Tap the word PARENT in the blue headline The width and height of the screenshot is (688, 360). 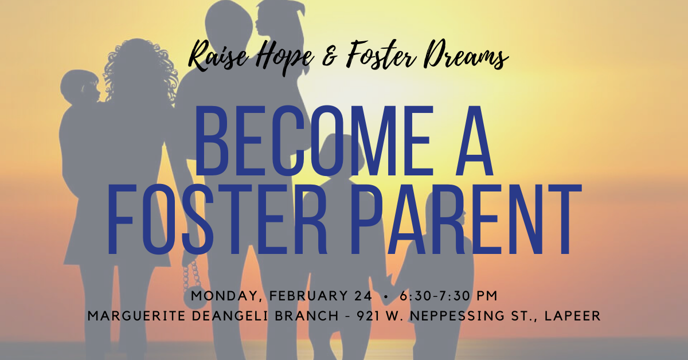(x=466, y=220)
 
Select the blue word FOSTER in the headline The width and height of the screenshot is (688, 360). (x=216, y=220)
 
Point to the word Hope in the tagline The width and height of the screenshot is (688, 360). (x=285, y=58)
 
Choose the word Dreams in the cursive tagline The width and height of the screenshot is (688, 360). (x=464, y=56)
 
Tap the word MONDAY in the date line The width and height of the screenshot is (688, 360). (x=227, y=296)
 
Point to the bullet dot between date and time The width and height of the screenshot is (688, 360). (x=386, y=296)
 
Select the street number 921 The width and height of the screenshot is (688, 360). (x=368, y=316)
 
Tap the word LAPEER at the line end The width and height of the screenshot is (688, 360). (x=573, y=316)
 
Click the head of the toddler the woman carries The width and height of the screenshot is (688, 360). (x=79, y=87)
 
